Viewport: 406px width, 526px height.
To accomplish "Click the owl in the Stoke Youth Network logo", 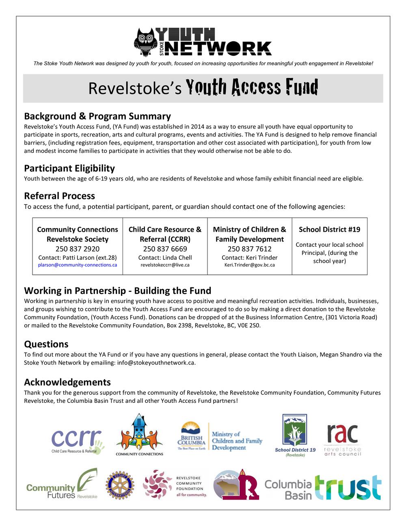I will coord(145,42).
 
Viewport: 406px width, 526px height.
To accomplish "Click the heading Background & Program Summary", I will coord(97,116).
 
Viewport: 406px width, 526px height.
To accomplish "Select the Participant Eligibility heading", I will coord(69,168).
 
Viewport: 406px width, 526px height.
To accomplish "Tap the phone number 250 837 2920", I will coord(78,249).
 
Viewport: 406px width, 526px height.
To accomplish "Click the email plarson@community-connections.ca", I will coord(78,265).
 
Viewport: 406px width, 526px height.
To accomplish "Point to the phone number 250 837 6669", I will coord(165,249).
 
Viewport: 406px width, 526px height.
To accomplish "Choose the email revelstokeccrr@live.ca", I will coord(165,265).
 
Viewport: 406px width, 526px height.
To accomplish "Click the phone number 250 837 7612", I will coord(249,249).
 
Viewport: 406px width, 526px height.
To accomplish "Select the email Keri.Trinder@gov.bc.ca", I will coord(249,265).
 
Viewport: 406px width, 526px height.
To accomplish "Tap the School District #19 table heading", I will coord(329,230).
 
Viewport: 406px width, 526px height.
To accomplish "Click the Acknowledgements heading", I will coord(67,382).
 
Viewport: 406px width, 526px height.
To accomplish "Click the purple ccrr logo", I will coord(76,440).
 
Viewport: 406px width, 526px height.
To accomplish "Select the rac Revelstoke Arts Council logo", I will coord(342,439).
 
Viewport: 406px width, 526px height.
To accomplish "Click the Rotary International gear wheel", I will coord(120,485).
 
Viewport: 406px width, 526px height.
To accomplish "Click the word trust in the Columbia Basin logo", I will coord(348,487).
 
